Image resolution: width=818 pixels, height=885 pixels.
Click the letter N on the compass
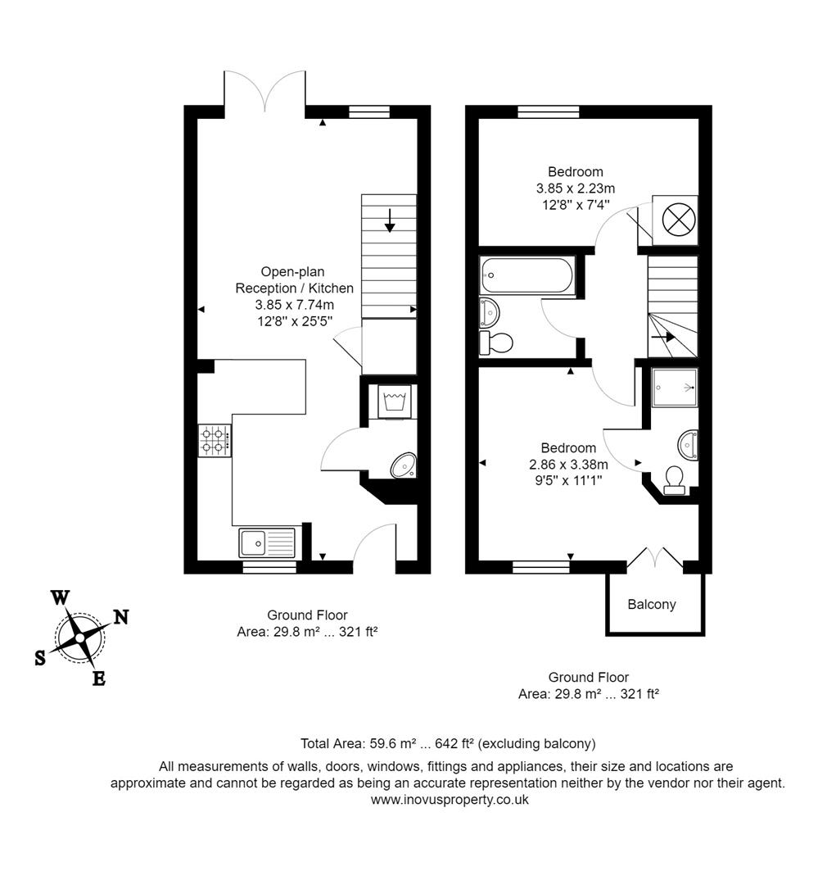120,617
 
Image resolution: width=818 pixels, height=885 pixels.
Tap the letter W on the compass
60,597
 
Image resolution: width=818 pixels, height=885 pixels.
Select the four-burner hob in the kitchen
213,440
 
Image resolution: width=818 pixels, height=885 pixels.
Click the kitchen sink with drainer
267,542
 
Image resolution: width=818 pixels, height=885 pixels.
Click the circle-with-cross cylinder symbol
676,220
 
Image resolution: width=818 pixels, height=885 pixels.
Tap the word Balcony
652,605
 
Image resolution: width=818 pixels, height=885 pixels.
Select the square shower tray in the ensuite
675,390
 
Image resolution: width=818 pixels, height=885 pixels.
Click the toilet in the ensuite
676,479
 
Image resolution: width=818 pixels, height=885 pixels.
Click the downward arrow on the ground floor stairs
390,220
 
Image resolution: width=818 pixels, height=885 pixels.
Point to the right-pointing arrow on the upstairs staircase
663,336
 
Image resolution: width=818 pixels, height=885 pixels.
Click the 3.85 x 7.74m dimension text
295,304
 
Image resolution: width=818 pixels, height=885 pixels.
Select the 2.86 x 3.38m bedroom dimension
568,464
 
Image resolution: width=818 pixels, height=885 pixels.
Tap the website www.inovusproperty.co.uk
450,800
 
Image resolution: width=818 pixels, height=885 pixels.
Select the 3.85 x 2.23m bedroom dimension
576,188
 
